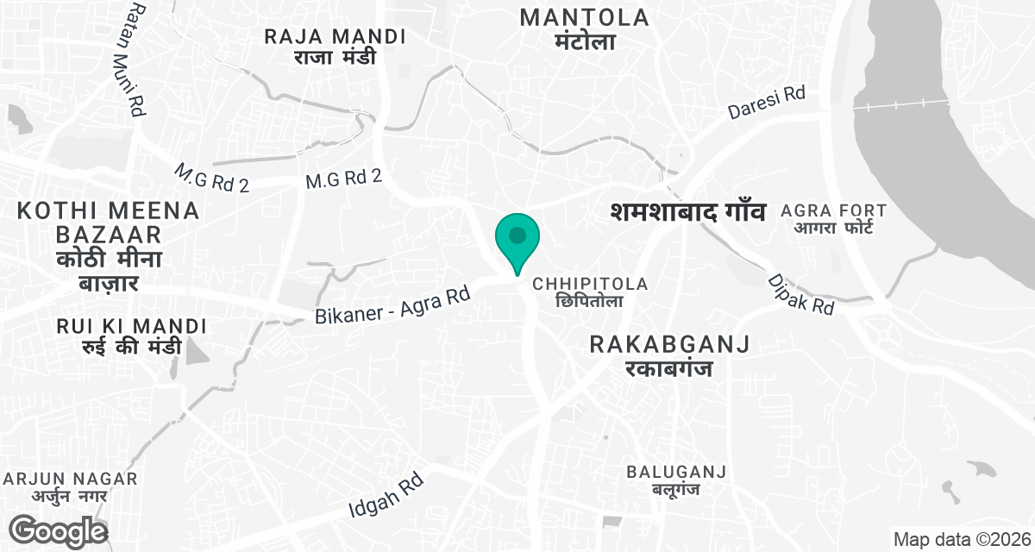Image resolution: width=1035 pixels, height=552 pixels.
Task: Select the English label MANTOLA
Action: [585, 16]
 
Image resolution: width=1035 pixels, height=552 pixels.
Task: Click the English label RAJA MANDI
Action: [336, 37]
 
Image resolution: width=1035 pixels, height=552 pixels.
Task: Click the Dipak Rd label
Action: [801, 293]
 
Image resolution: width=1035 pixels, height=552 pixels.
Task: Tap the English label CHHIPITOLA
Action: [590, 284]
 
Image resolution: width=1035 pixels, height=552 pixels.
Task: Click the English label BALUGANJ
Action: [676, 472]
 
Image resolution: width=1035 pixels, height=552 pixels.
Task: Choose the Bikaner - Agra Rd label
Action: [392, 305]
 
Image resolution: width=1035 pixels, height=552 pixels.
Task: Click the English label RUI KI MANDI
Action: [131, 327]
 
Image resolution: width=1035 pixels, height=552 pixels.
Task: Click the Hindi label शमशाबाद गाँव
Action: [687, 211]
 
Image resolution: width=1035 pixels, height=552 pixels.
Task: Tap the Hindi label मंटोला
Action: [585, 41]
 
